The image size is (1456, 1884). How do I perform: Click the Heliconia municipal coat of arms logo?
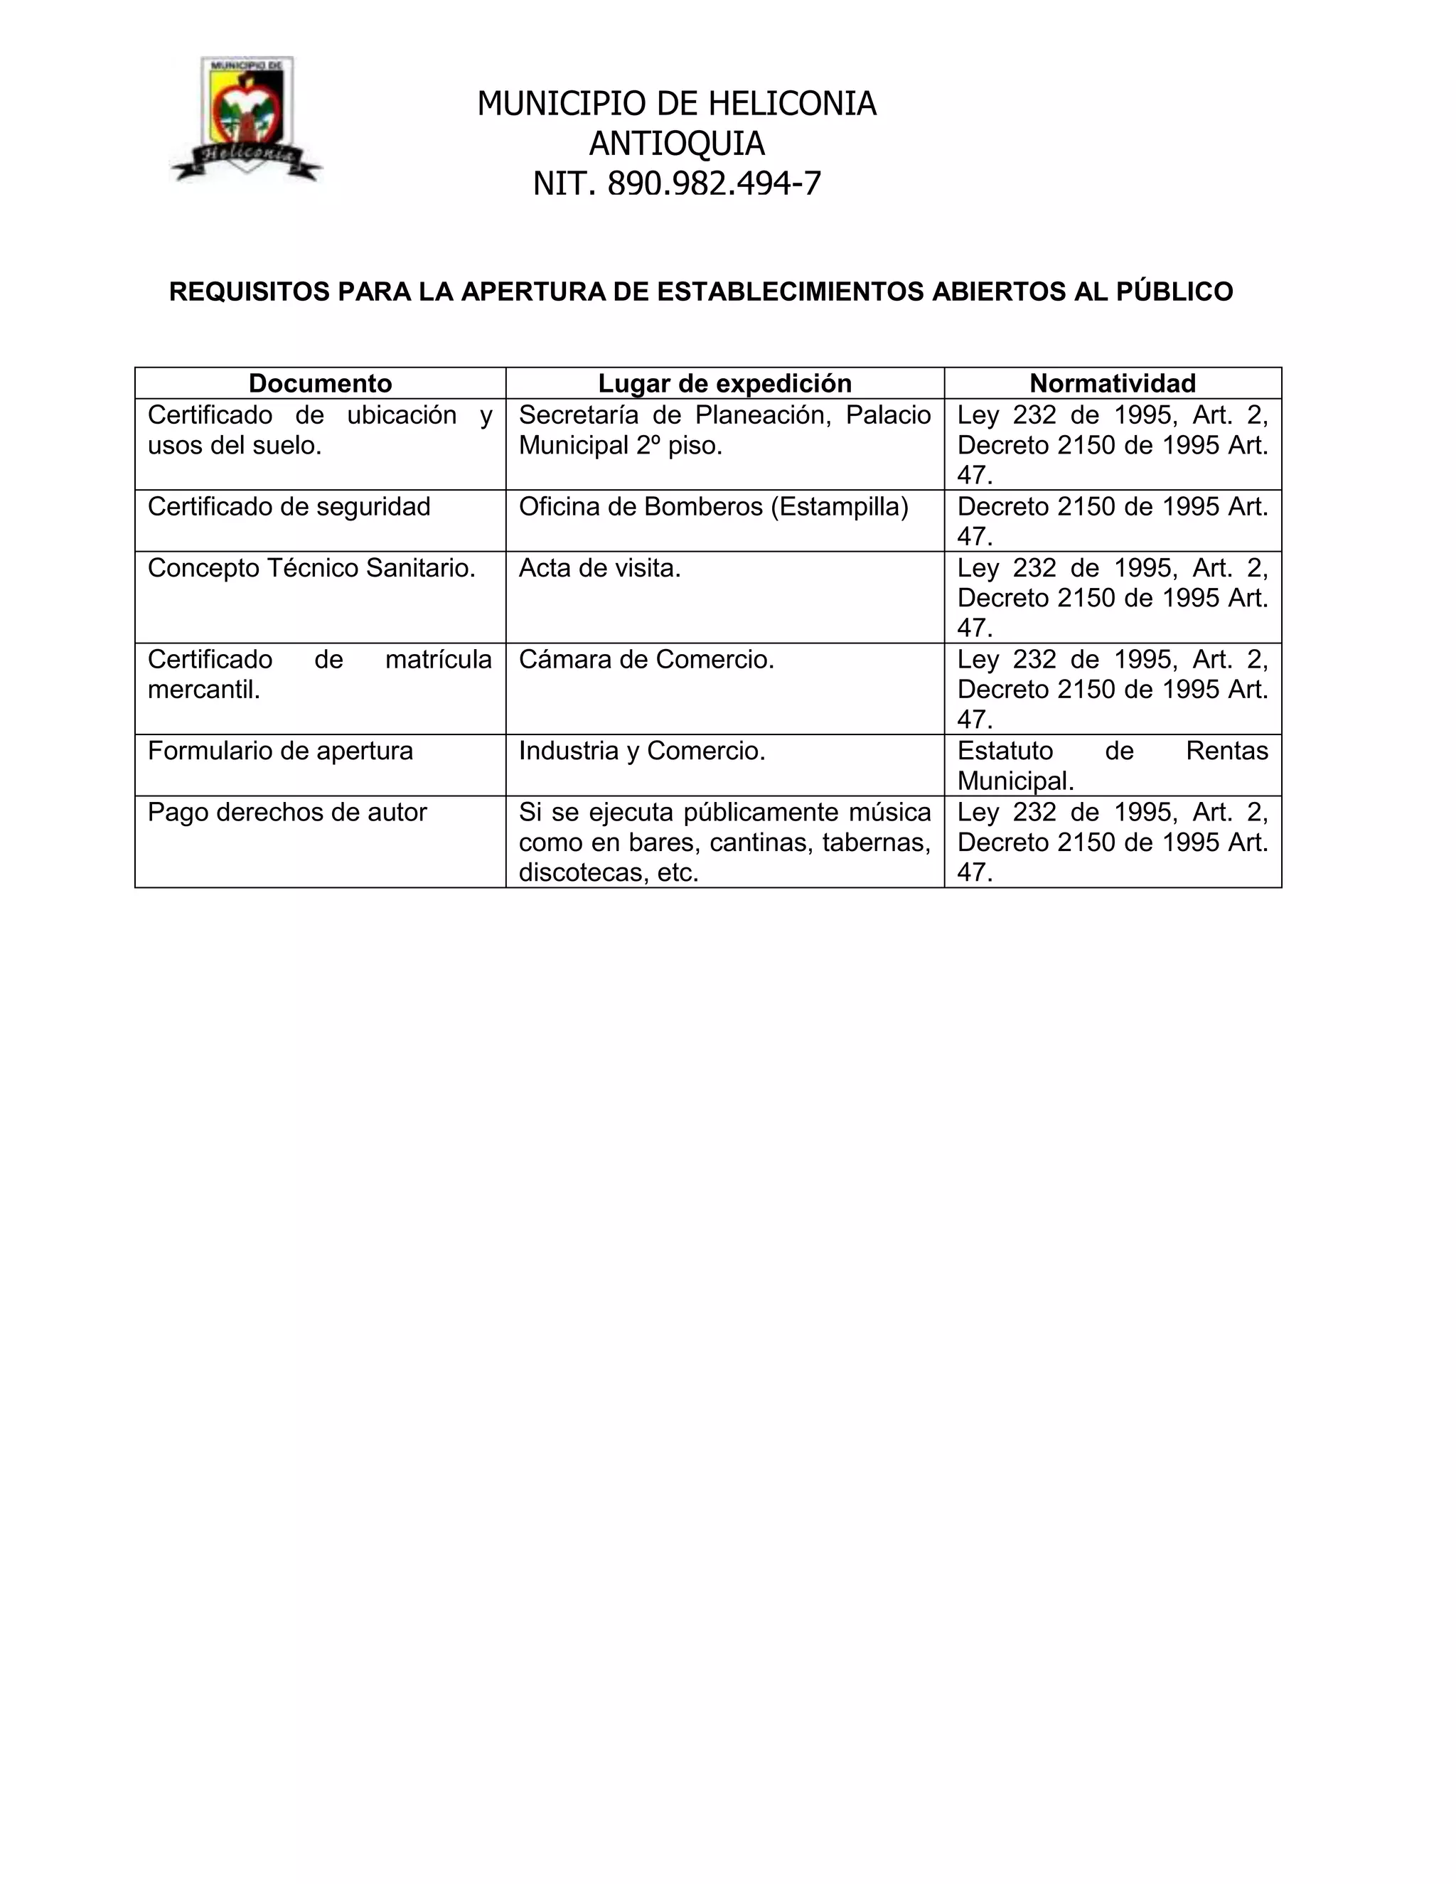tap(247, 118)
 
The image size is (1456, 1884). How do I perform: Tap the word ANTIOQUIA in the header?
tap(676, 143)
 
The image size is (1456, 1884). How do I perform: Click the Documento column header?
tap(320, 383)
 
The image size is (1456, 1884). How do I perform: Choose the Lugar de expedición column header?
tap(724, 383)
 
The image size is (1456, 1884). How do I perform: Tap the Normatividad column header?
tap(1112, 383)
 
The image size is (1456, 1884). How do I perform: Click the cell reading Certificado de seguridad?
tap(289, 506)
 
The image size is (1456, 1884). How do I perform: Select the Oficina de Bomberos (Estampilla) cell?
tap(713, 506)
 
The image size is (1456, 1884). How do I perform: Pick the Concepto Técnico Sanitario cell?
tap(311, 567)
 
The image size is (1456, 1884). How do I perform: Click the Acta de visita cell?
tap(599, 567)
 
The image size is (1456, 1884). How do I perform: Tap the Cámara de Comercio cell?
tap(646, 659)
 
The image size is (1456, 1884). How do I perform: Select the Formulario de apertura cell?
tap(280, 751)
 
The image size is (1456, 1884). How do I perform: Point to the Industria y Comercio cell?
tap(642, 751)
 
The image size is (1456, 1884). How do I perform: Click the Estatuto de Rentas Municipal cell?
tap(1112, 765)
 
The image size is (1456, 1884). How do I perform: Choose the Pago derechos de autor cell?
tap(287, 812)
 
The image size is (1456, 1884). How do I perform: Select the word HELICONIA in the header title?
tap(792, 104)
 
